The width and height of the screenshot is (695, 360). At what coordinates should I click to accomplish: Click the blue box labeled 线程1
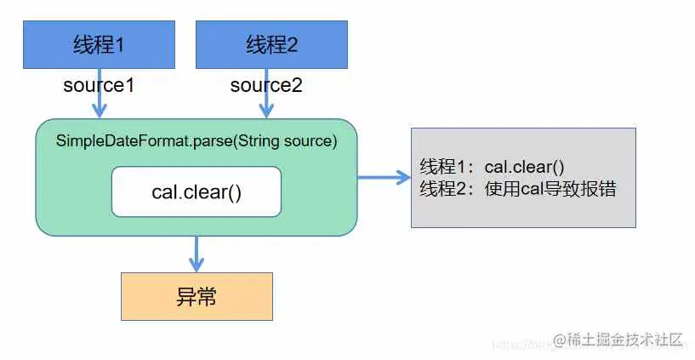99,45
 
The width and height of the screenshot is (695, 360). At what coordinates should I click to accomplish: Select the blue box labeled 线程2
272,45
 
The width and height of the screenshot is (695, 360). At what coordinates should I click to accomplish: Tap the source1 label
99,86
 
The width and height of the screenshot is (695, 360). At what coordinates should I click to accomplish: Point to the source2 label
266,86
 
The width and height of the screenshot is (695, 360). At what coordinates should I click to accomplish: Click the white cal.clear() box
197,191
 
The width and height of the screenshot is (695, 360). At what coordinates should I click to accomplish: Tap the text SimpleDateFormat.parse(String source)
197,141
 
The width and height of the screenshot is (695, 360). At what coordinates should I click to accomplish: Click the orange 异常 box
197,296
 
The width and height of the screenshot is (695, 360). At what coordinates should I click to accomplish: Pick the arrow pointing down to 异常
197,254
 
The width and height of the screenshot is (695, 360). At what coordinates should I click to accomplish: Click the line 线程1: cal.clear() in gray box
493,167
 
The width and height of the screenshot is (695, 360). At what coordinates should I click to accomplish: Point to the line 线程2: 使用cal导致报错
517,189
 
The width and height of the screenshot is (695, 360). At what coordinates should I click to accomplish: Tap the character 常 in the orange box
207,296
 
